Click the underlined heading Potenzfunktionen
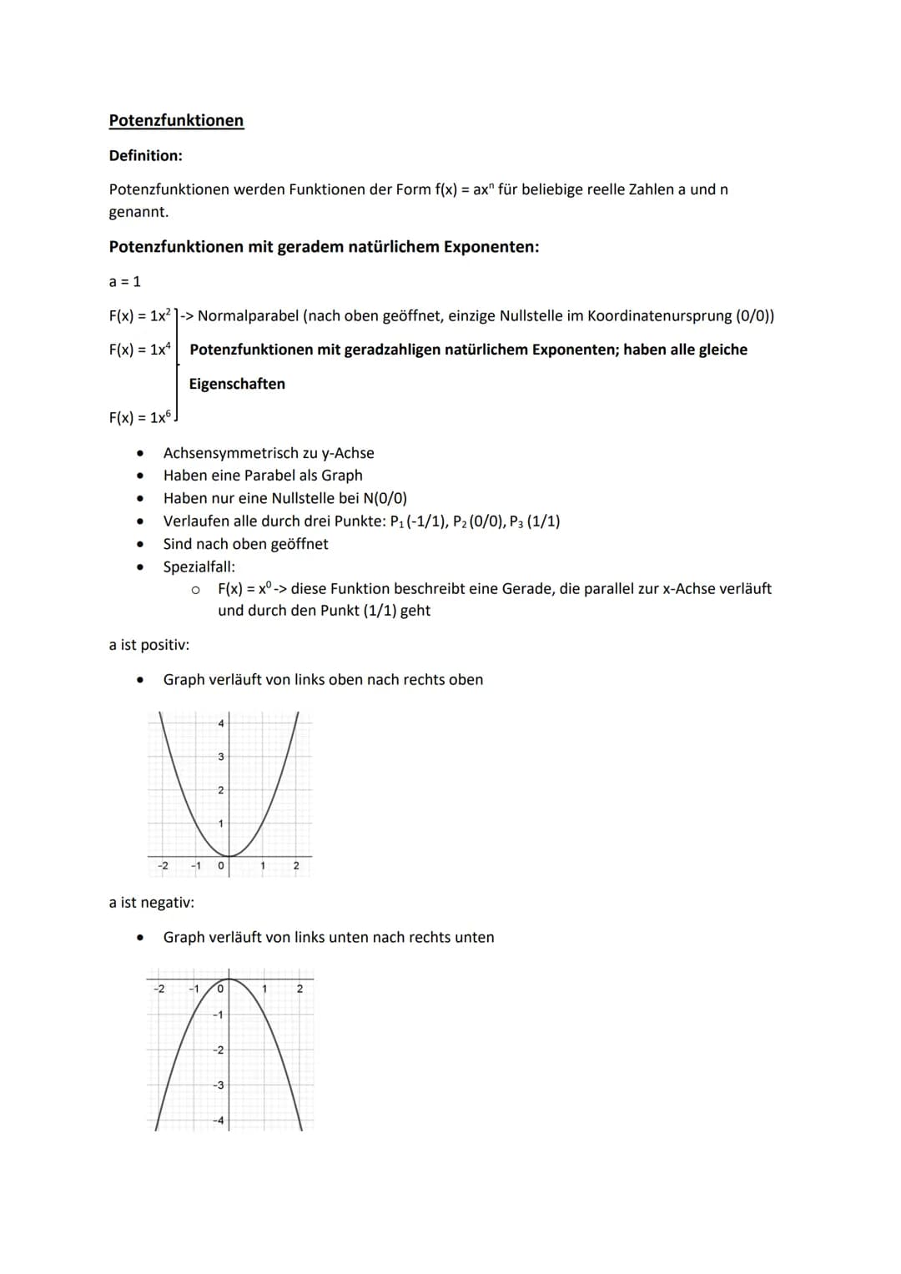(x=176, y=120)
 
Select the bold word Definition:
(x=145, y=156)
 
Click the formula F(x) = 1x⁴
(x=139, y=350)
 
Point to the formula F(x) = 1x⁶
(x=139, y=418)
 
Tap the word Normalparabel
(x=248, y=316)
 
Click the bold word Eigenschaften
(x=237, y=384)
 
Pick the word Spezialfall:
(x=199, y=567)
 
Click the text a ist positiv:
(x=148, y=645)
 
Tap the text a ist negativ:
(x=151, y=903)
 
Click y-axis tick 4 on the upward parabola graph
(x=220, y=723)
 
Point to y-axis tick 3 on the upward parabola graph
(x=220, y=757)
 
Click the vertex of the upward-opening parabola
(x=229, y=856)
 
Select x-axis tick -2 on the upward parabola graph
(x=163, y=866)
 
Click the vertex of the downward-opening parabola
(x=229, y=979)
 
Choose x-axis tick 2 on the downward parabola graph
(x=299, y=989)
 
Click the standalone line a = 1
(x=125, y=282)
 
